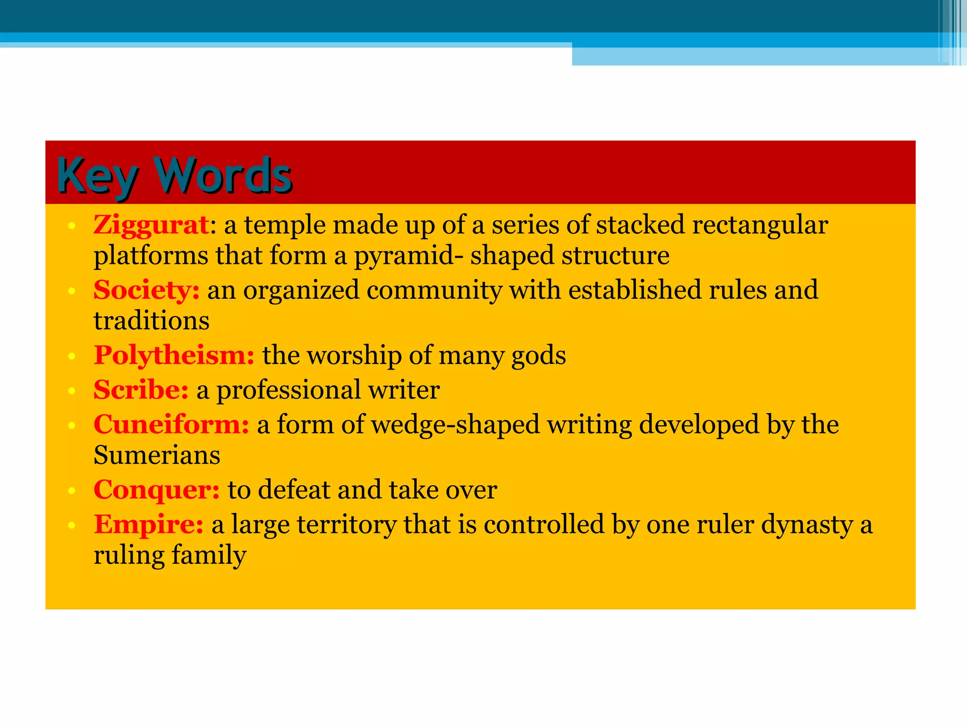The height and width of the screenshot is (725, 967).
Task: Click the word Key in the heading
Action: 97,176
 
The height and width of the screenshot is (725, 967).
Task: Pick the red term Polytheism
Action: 174,355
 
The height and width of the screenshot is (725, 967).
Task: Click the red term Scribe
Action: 141,390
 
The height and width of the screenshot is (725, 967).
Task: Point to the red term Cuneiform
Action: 171,424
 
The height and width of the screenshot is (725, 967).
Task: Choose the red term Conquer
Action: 156,489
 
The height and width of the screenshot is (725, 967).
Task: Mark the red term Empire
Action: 148,524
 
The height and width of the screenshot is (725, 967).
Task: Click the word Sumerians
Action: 157,455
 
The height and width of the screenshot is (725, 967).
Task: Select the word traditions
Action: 151,321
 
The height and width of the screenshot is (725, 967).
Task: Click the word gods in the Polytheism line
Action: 538,356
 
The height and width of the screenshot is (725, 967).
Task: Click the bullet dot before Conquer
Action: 71,491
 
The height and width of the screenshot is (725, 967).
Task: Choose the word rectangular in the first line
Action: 760,225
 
